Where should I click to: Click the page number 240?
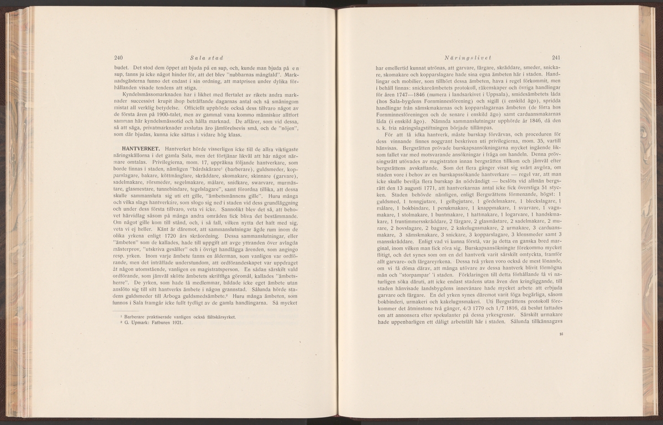click(x=118, y=57)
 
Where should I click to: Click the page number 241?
click(x=556, y=57)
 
